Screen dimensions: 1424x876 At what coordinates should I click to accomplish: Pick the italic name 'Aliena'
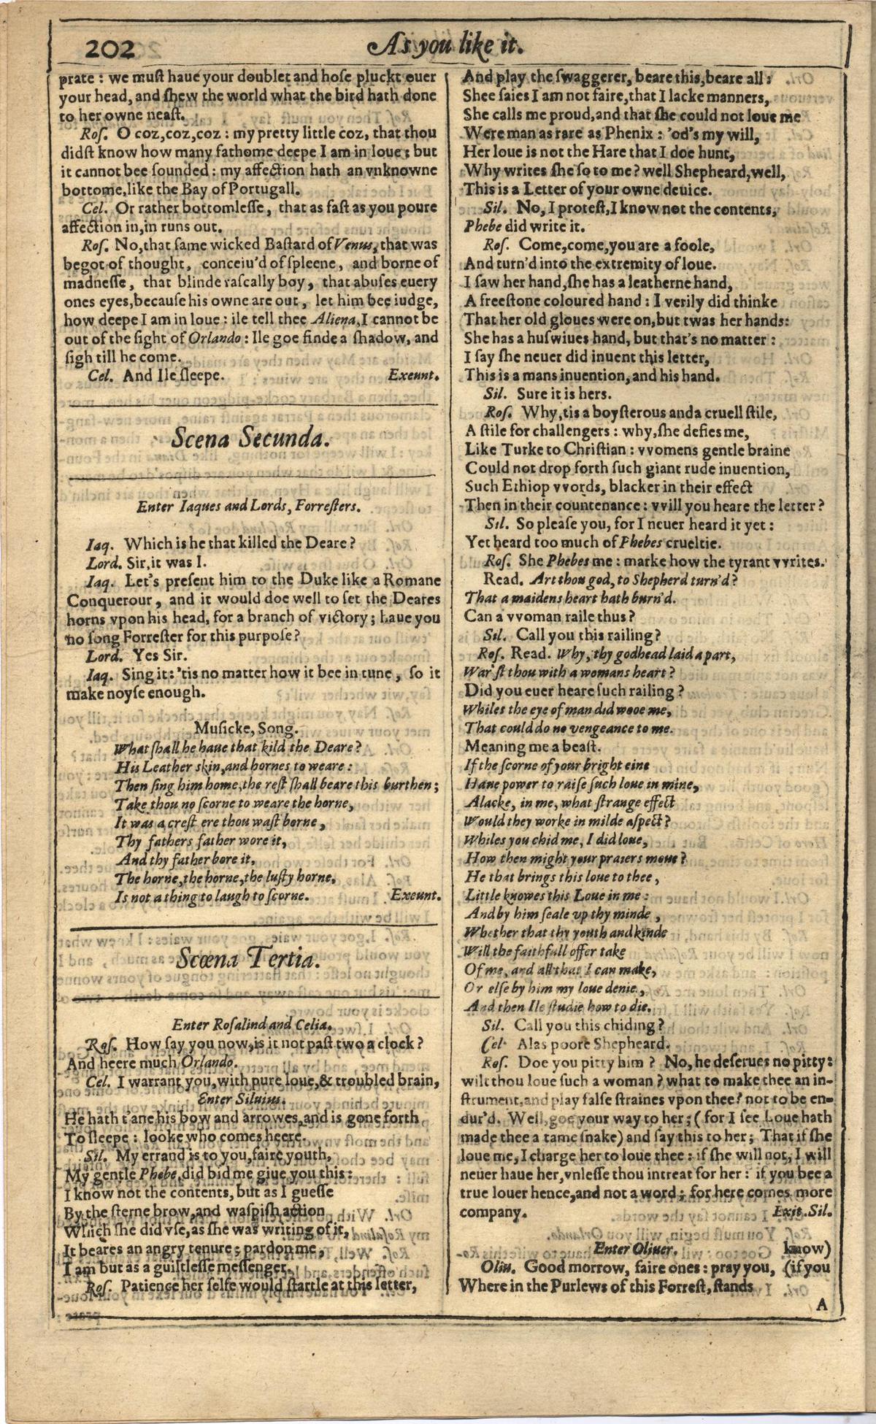point(334,319)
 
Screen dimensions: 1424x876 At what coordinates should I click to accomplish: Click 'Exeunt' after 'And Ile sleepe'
point(413,376)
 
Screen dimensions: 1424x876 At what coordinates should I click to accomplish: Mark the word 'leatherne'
point(658,282)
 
